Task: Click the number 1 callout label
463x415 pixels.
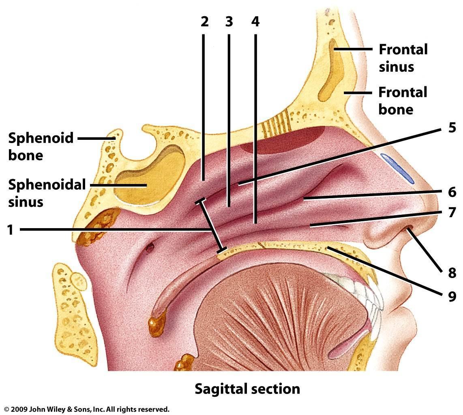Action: (11, 230)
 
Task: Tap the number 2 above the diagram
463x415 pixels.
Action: (204, 21)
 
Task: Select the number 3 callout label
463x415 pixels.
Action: (229, 21)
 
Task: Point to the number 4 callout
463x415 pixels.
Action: (255, 21)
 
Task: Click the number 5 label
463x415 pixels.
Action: (452, 128)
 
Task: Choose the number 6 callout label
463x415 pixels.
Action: (452, 191)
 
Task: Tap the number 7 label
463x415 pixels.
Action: (452, 212)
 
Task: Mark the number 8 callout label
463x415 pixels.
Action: (452, 273)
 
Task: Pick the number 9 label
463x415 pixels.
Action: (452, 297)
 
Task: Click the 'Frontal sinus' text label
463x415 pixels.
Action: (403, 58)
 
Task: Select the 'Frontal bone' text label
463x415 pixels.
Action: (403, 101)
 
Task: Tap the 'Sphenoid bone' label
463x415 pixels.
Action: (41, 146)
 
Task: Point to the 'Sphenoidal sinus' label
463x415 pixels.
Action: (47, 193)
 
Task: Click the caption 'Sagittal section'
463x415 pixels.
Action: (247, 389)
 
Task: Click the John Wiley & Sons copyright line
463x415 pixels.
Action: (87, 409)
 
